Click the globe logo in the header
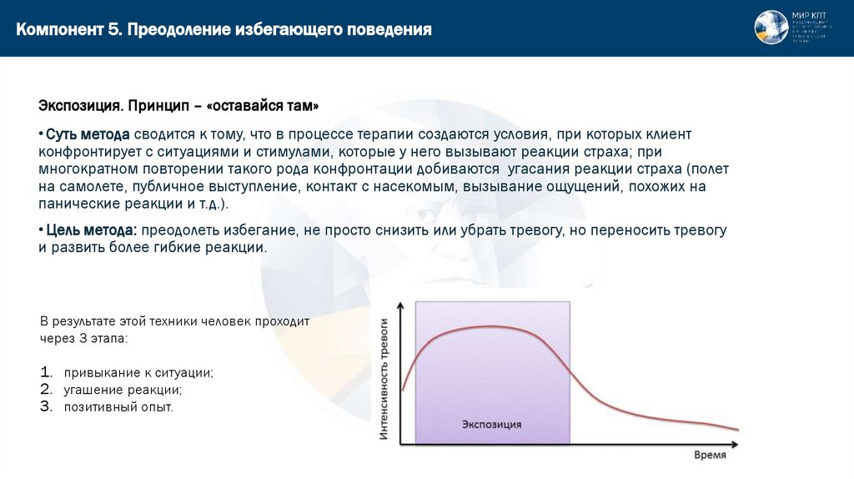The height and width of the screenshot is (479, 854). pos(771,28)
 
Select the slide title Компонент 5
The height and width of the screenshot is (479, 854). pos(70,30)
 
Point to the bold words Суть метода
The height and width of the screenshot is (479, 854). pos(88,134)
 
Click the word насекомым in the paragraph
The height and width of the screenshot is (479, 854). pos(414,187)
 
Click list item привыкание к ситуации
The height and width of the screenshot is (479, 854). pos(138,372)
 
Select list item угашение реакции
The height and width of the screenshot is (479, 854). pos(123,390)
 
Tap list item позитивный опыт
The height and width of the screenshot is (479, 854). pos(118,407)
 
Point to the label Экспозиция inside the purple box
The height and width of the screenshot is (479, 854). pos(491,425)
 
